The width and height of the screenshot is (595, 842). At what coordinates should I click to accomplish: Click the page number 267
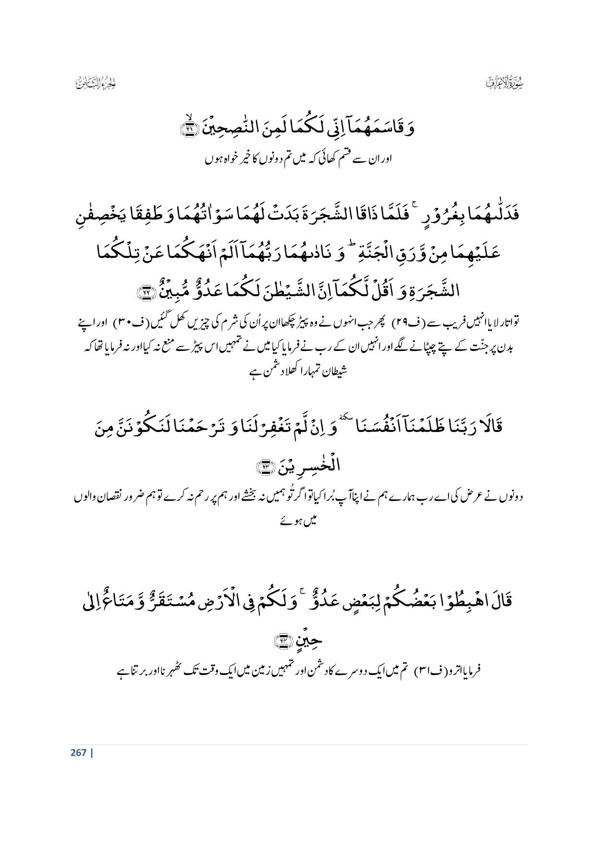(78, 752)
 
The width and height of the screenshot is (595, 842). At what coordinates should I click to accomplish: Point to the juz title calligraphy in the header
(97, 83)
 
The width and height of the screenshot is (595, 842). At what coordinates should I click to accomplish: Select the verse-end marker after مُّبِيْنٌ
(144, 291)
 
